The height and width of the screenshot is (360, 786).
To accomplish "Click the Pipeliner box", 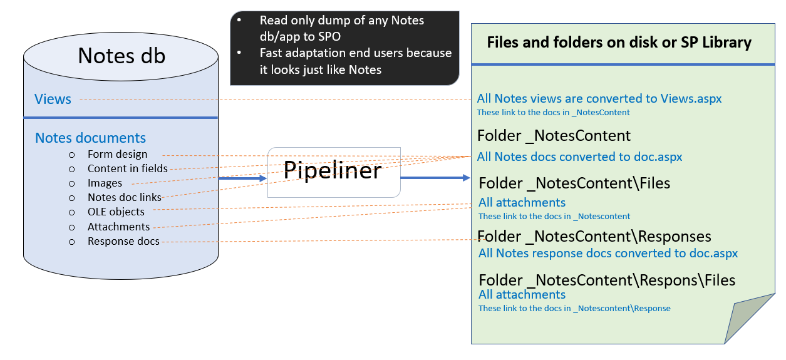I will (x=333, y=172).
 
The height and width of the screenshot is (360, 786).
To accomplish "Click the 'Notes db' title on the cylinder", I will (x=122, y=56).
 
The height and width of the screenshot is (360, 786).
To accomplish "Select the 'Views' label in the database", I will (x=53, y=100).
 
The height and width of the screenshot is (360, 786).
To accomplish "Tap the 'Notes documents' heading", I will (x=90, y=138).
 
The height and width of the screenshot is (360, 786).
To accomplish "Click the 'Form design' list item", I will (x=118, y=154).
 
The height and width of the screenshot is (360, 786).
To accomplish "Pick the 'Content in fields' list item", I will (x=128, y=168).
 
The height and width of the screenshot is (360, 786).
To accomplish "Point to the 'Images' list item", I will (x=105, y=183).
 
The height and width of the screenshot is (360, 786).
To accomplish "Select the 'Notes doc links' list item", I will (x=125, y=197).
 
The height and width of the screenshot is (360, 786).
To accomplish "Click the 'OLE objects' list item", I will (x=116, y=212).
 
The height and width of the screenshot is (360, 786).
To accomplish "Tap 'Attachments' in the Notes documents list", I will (x=118, y=227).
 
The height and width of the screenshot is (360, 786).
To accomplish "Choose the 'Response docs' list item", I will (x=123, y=241).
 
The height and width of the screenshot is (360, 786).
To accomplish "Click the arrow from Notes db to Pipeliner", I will (x=242, y=178).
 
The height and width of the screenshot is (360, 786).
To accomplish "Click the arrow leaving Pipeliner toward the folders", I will (x=435, y=178).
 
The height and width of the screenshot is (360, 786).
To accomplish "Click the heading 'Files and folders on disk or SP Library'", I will (x=619, y=43).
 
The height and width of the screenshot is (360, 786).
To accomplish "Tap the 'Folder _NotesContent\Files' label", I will (x=574, y=183).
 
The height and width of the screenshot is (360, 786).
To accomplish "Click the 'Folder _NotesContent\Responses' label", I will (x=595, y=237).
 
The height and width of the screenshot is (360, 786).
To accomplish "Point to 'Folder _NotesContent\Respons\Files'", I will (x=607, y=280).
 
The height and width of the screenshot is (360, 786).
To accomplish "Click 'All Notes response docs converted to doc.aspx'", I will (x=608, y=254).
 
